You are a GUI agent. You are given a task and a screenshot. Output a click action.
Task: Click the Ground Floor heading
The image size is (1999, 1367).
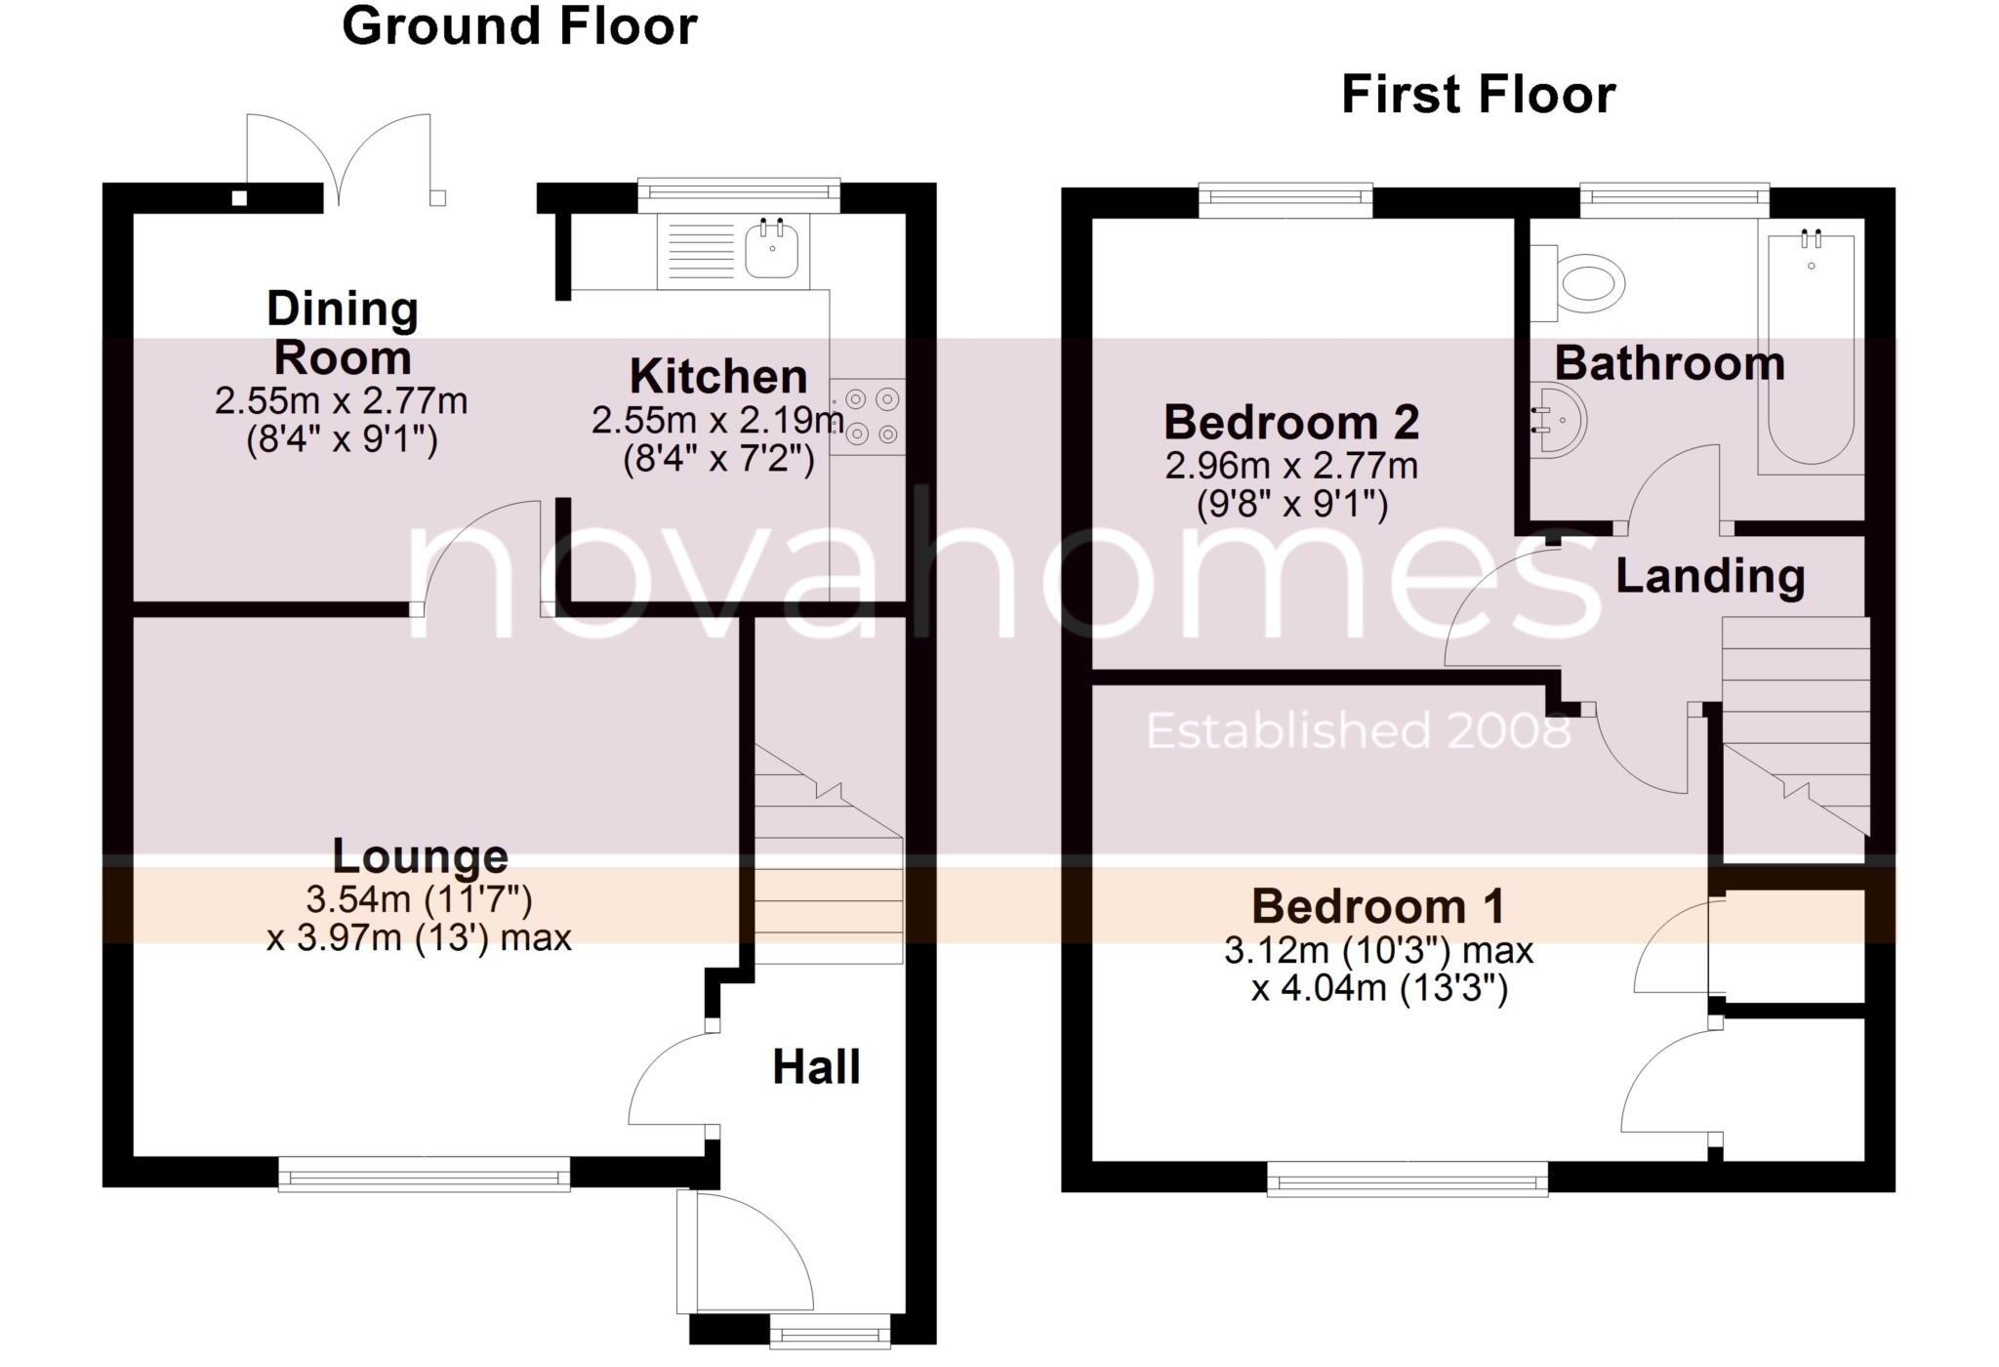(x=519, y=26)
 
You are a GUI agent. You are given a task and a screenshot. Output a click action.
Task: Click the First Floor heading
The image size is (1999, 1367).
(x=1478, y=96)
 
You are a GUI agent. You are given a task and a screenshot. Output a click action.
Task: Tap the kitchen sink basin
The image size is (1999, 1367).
(x=772, y=249)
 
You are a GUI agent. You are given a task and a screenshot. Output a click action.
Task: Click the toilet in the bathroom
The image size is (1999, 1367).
(x=1589, y=283)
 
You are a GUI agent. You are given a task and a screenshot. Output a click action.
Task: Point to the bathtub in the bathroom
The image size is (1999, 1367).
(x=1811, y=352)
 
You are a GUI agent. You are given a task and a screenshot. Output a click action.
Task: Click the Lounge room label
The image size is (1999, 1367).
(x=420, y=856)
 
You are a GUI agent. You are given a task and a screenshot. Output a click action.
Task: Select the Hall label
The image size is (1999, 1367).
(x=816, y=1066)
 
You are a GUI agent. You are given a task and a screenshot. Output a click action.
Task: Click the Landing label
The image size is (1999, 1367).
(x=1709, y=576)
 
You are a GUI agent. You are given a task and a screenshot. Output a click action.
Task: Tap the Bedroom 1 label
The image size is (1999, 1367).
(x=1377, y=906)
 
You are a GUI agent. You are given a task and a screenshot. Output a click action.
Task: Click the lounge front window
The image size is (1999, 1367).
(x=424, y=1174)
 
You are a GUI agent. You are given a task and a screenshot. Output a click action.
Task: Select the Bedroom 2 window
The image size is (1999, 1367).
(x=1285, y=201)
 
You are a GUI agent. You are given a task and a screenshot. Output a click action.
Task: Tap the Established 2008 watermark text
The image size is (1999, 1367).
(x=1358, y=730)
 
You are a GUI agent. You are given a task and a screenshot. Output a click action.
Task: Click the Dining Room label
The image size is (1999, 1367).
(x=342, y=333)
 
